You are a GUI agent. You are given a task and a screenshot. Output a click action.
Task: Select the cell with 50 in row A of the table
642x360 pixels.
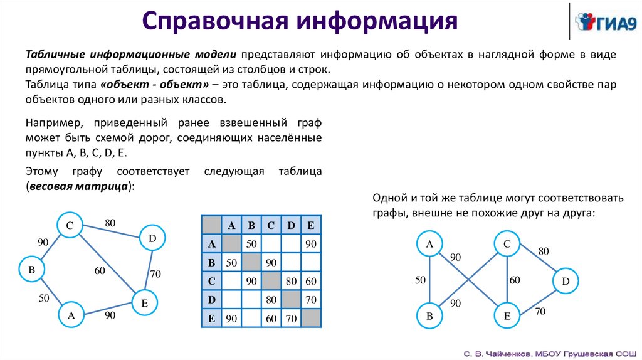click(252, 243)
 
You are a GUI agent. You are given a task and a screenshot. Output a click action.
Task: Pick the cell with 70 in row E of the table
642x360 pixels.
click(290, 319)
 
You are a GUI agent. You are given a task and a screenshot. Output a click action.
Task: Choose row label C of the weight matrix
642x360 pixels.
click(211, 281)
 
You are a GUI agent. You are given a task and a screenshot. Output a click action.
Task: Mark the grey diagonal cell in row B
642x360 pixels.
click(252, 262)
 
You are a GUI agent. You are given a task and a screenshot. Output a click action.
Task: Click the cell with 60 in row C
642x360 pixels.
click(310, 281)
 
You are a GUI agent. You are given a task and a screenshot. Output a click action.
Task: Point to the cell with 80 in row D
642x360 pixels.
click(271, 300)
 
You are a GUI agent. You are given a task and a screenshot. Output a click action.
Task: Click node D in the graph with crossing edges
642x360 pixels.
click(566, 282)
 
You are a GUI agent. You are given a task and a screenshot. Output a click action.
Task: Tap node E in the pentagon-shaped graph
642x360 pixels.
click(144, 304)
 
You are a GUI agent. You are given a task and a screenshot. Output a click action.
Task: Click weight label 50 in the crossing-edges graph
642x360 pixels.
click(420, 280)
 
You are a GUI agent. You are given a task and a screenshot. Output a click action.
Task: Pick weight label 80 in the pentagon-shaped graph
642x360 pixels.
click(110, 222)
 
